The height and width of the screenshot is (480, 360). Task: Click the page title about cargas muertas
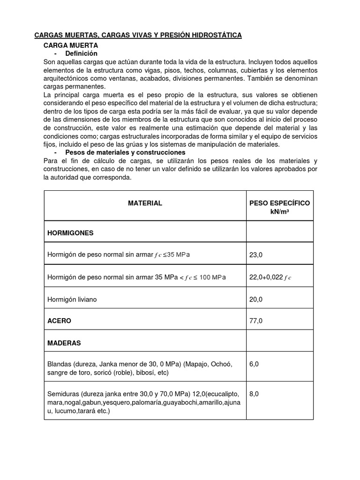coord(138,35)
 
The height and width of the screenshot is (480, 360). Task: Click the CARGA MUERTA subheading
coord(70,45)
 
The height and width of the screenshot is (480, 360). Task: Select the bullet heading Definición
coord(81,54)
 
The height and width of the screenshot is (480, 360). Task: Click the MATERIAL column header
coord(145,203)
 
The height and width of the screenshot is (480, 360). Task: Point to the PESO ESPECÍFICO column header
coord(279,203)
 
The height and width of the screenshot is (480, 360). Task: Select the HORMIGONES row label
coord(70,232)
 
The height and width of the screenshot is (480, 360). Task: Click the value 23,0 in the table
coord(256,255)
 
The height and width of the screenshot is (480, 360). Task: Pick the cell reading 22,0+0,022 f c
coord(270,277)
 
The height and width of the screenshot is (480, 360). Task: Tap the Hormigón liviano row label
coord(72,299)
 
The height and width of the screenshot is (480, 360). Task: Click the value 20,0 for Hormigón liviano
coord(256,299)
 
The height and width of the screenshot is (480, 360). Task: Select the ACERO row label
coord(60,321)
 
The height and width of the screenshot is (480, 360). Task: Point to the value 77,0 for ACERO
coord(256,321)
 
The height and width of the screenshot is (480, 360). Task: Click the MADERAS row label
coord(64,343)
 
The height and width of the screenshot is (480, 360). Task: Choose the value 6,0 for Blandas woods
coord(254,364)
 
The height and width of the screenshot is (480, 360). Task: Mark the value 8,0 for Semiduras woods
coord(254,394)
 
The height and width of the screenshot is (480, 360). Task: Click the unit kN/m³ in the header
coord(279,211)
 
